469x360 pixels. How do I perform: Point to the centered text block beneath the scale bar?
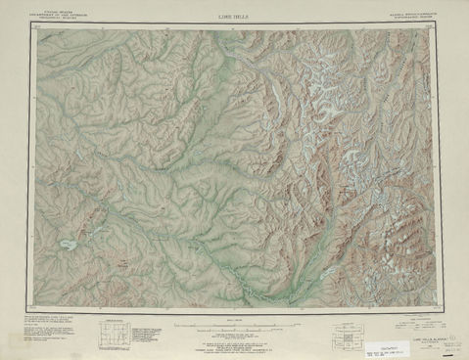point(235,339)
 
